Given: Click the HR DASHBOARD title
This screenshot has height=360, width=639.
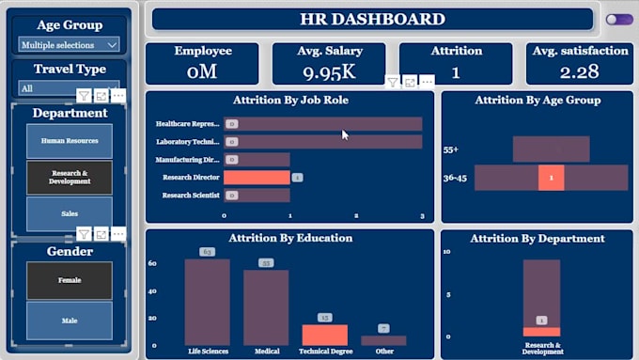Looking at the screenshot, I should point(372,19).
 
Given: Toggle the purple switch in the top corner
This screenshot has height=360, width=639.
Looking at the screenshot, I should point(618,19).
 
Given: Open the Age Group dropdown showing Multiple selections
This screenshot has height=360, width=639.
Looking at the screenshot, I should point(69,44).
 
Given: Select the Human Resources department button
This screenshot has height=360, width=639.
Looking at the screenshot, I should point(70,140).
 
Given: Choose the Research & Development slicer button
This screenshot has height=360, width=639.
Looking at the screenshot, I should point(70,178).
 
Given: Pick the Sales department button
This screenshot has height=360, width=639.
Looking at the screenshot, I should point(70,213).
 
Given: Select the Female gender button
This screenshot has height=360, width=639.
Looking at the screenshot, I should point(70,280).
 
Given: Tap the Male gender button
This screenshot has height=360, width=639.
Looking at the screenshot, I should point(70,321).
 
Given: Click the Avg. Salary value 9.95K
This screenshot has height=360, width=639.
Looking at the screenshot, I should point(329,71).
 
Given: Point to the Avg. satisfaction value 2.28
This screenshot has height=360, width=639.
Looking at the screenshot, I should point(580,71).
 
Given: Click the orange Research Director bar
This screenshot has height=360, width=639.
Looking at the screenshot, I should point(257,178).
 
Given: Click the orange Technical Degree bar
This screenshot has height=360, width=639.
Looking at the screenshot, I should point(324,335).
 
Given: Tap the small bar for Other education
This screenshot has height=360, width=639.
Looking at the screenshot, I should point(383,340).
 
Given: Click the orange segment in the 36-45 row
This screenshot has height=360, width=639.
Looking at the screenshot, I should point(551,178).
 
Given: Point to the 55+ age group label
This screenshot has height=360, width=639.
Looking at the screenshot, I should point(451,149).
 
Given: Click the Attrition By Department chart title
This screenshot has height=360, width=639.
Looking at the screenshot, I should point(537,239).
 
